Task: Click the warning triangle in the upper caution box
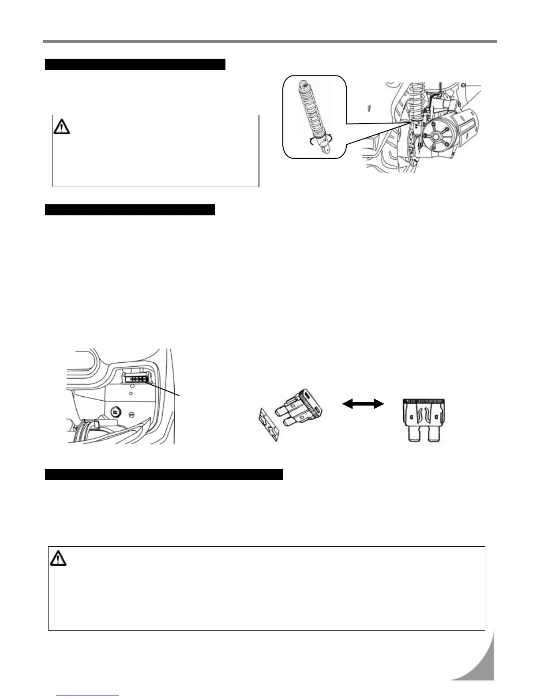click(62, 127)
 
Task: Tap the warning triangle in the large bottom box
click(58, 559)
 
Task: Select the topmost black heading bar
click(135, 64)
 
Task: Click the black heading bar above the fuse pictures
click(130, 210)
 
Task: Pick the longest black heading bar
click(164, 474)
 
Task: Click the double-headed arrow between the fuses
click(363, 403)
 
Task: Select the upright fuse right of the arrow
click(426, 420)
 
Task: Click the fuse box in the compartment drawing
click(136, 378)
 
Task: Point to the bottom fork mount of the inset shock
click(326, 148)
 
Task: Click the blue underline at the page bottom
click(88, 695)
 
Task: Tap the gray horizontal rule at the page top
click(270, 42)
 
